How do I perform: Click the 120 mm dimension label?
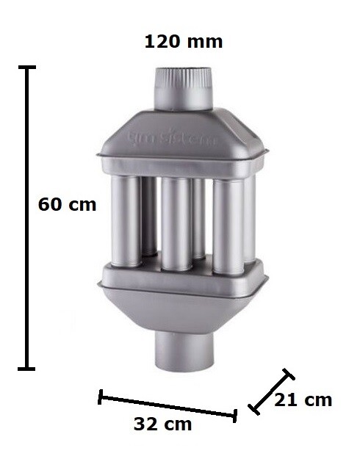(183, 41)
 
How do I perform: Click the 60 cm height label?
(67, 204)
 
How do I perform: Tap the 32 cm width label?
(163, 424)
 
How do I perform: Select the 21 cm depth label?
(303, 400)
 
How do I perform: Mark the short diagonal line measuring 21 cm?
(271, 391)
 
